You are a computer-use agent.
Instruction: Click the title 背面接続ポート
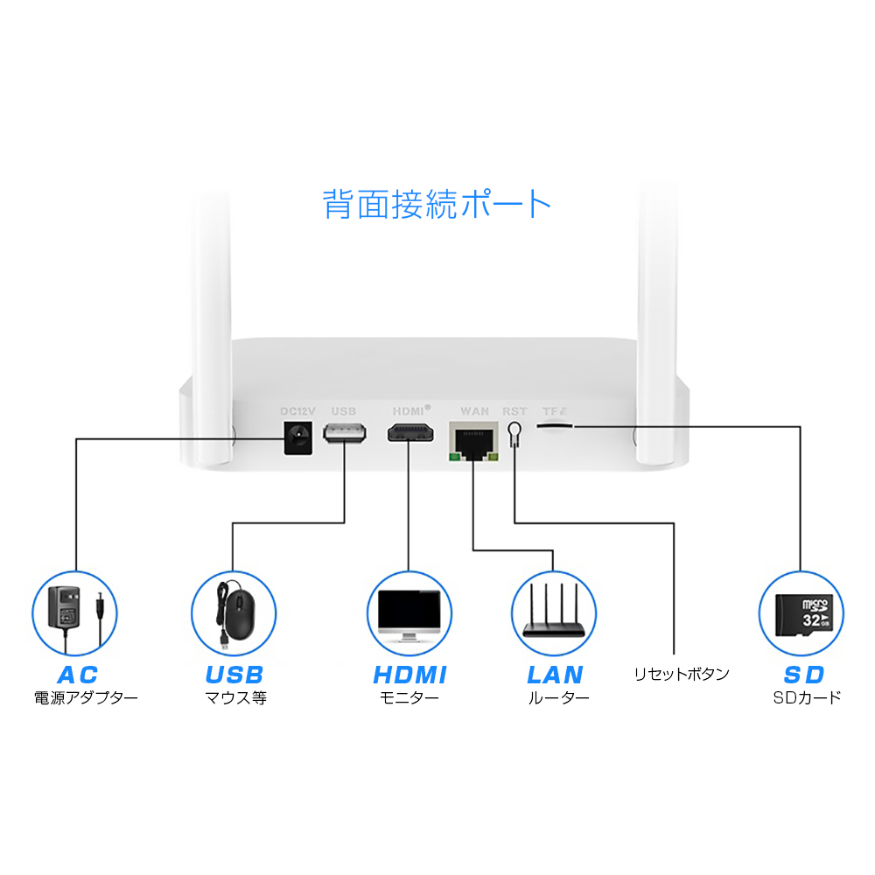437,204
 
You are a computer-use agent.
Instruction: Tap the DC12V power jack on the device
295,437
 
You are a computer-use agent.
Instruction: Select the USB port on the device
344,433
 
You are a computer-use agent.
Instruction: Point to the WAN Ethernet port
473,439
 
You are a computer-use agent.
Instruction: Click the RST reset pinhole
514,431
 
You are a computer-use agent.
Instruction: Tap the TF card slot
554,424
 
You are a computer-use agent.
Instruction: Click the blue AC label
77,675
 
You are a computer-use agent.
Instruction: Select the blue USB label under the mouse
234,675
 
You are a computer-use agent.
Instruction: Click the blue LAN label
555,675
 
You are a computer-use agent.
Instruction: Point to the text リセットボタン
682,674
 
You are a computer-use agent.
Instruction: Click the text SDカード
807,697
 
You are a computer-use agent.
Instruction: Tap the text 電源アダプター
86,698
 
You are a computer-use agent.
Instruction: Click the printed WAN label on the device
474,409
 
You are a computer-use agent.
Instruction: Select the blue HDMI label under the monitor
409,675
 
